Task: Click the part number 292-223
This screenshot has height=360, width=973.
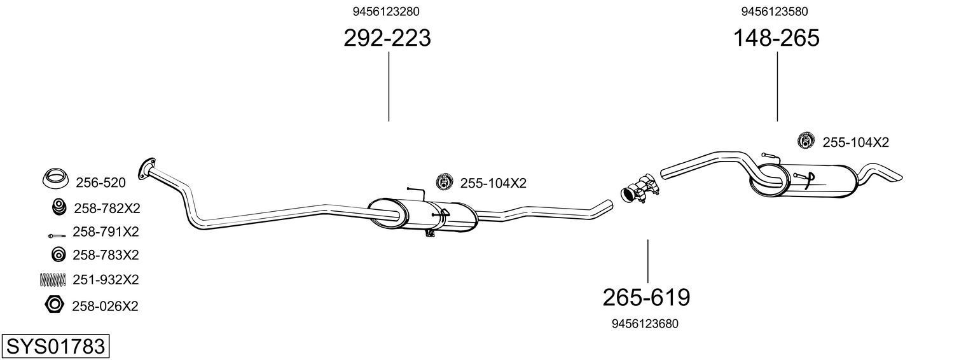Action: point(387,38)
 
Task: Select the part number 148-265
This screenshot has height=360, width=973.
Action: point(776,38)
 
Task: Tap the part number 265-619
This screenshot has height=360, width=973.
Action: point(645,297)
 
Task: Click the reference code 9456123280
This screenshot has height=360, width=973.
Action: point(386,11)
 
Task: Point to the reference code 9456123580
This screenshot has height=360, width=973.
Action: point(775,11)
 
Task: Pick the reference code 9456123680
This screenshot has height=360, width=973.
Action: point(645,324)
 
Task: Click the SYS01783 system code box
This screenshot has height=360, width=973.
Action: point(55,347)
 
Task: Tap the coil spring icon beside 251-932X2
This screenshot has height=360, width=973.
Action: point(53,279)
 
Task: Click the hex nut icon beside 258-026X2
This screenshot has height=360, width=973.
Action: point(55,305)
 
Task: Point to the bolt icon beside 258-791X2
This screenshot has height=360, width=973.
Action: point(56,235)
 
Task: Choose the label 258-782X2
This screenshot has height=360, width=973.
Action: point(106,208)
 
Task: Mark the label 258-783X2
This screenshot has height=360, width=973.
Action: point(106,255)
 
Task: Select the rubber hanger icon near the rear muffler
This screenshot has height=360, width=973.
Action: point(806,141)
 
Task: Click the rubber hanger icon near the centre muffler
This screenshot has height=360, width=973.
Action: point(444,182)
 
